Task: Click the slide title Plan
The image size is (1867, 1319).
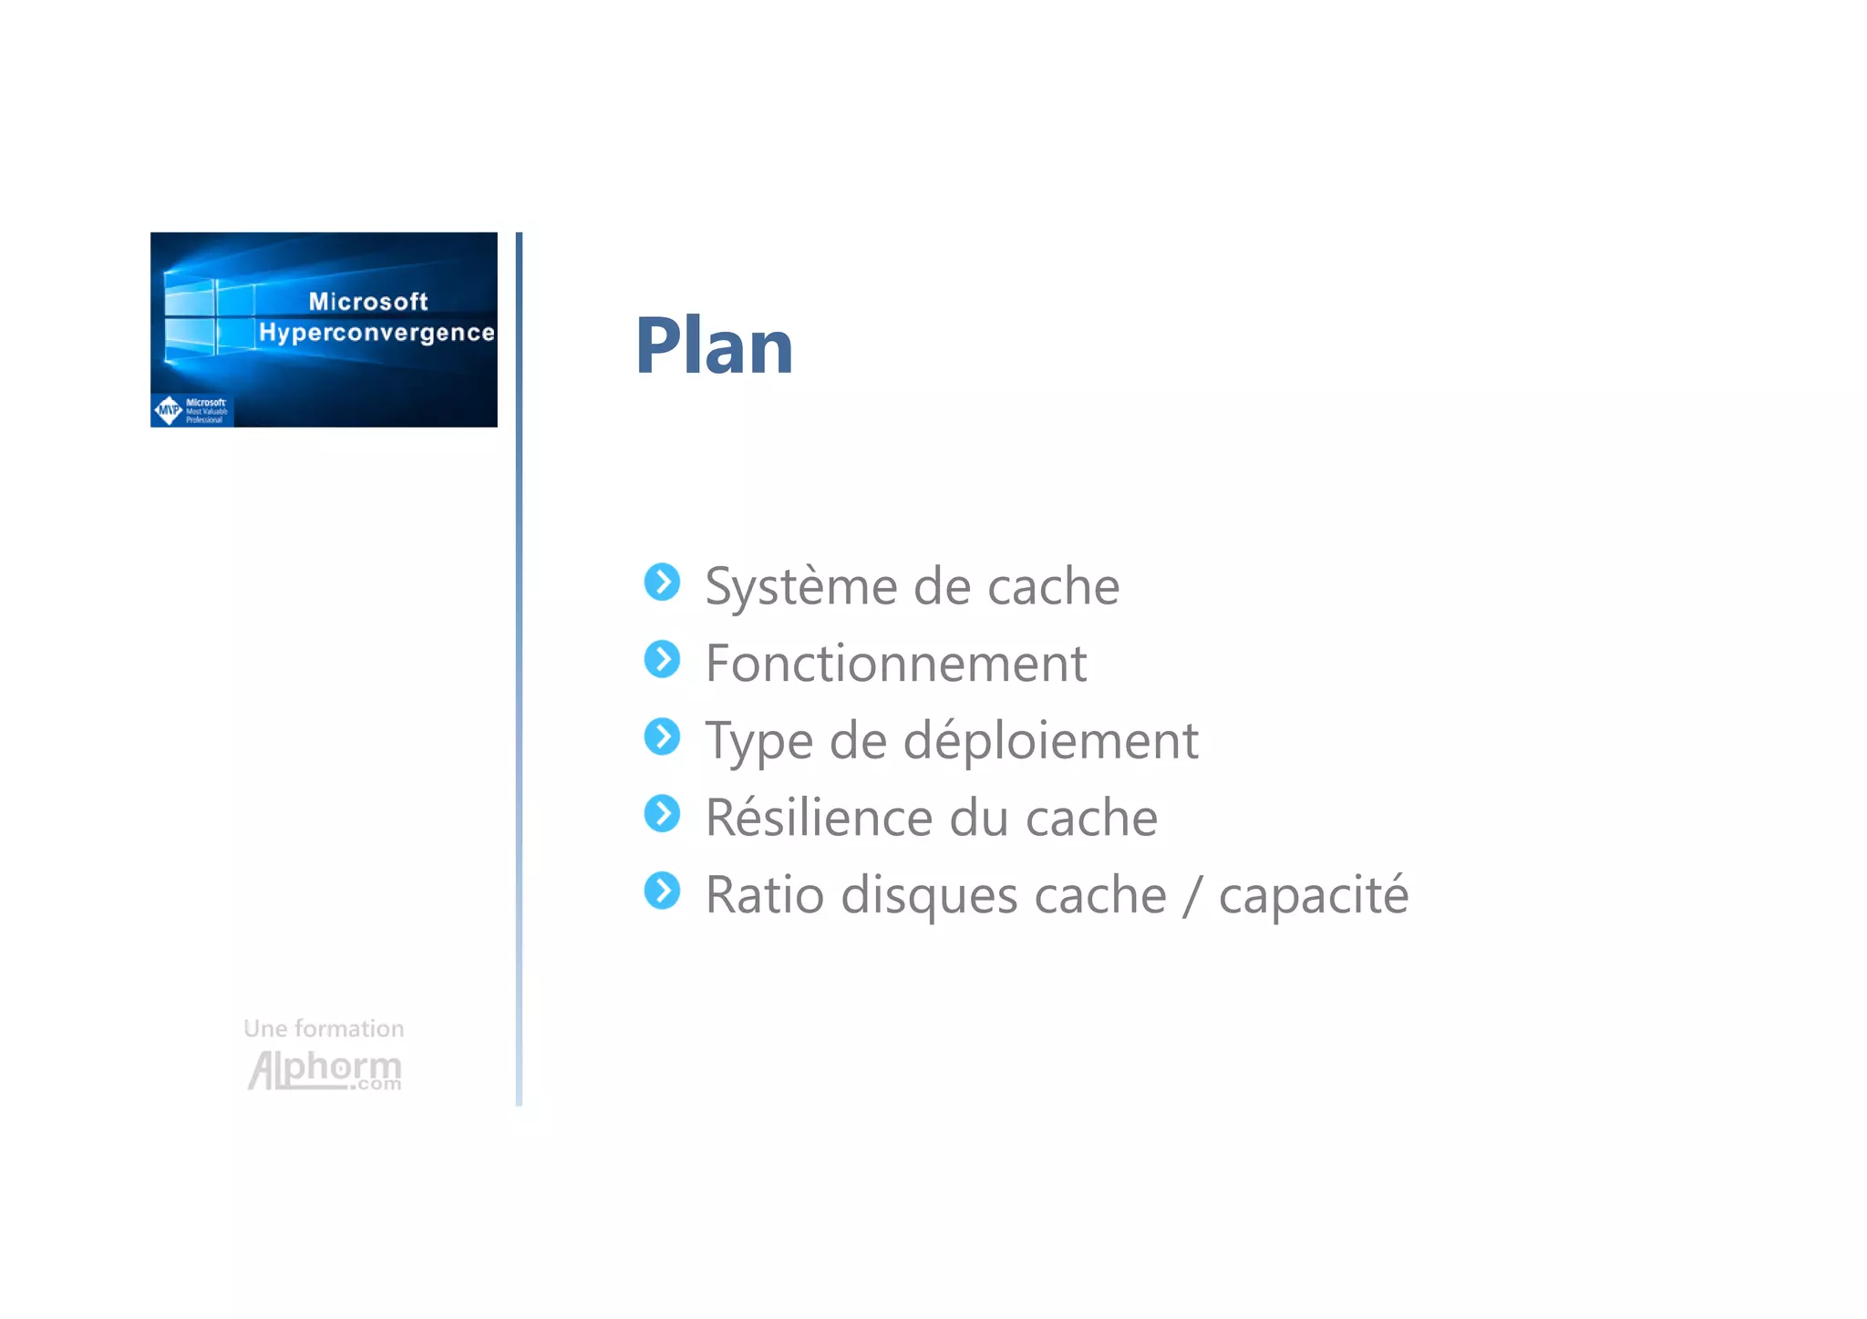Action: [x=714, y=346]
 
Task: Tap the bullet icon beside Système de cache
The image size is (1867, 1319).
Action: [x=662, y=582]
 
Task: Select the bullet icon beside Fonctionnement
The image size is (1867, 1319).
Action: [x=662, y=659]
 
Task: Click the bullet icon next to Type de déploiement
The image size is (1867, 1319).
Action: [x=662, y=737]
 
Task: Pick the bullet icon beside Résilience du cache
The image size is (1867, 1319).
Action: [x=662, y=814]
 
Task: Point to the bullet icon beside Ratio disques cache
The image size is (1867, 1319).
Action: [x=662, y=891]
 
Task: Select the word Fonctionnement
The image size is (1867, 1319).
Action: [x=896, y=663]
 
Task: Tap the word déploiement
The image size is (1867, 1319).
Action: [x=1050, y=739]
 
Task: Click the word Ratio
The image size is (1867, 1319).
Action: [x=764, y=894]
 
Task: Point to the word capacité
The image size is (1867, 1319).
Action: [x=1313, y=895]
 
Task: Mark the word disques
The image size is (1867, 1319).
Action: [x=927, y=895]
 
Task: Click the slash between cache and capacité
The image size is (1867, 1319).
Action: [x=1192, y=895]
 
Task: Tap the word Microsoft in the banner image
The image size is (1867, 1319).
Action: [x=368, y=302]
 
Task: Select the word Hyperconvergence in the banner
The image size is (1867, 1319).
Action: [x=376, y=333]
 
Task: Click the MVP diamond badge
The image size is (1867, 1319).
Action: [x=169, y=410]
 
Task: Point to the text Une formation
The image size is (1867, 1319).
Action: [x=324, y=1029]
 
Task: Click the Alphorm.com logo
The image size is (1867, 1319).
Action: [x=325, y=1069]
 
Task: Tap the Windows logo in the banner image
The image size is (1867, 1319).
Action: [x=209, y=315]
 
